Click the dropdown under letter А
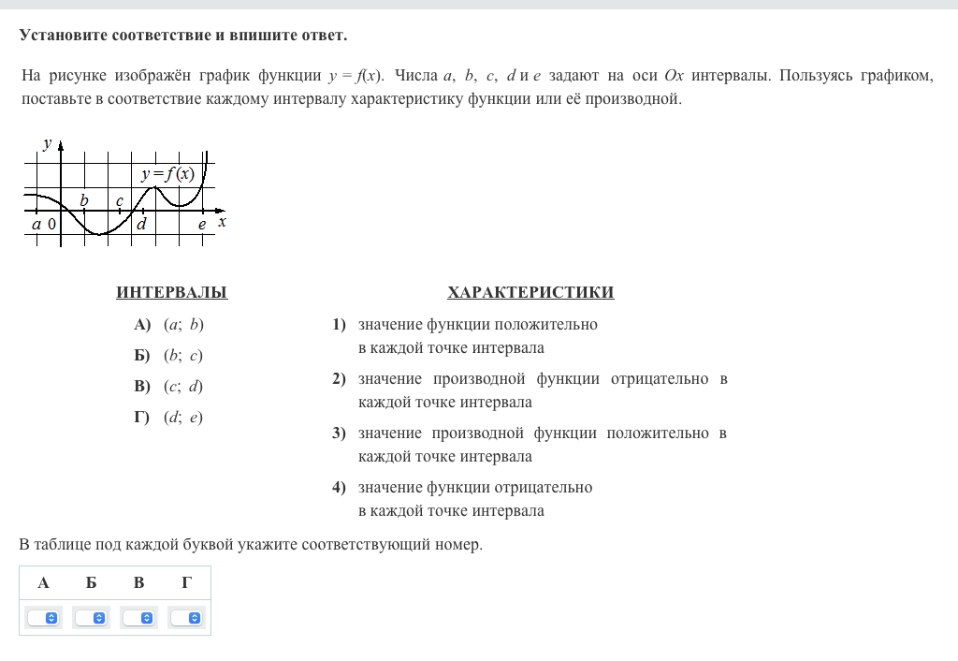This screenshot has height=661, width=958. tap(43, 618)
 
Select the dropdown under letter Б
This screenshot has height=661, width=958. tap(91, 618)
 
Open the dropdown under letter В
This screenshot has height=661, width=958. tap(139, 618)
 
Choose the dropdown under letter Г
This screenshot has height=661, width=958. tap(187, 618)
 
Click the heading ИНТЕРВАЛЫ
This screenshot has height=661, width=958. tap(172, 292)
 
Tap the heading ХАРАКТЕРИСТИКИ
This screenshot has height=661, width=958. tap(530, 292)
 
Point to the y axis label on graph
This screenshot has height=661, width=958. tap(47, 143)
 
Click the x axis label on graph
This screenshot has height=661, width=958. tap(222, 222)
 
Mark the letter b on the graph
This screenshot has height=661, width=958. tap(84, 200)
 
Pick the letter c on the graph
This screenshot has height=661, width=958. tap(120, 200)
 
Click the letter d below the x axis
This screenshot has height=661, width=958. tap(141, 224)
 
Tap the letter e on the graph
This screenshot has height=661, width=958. tap(201, 224)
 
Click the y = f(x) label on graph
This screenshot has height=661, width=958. tap(167, 174)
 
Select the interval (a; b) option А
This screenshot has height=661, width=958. tap(183, 325)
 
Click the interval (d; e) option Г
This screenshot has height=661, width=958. tap(183, 418)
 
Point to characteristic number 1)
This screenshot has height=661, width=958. tap(339, 325)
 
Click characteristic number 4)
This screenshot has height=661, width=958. tap(339, 488)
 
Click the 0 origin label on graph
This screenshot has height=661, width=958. tap(51, 225)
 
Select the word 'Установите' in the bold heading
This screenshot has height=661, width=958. tap(63, 36)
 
